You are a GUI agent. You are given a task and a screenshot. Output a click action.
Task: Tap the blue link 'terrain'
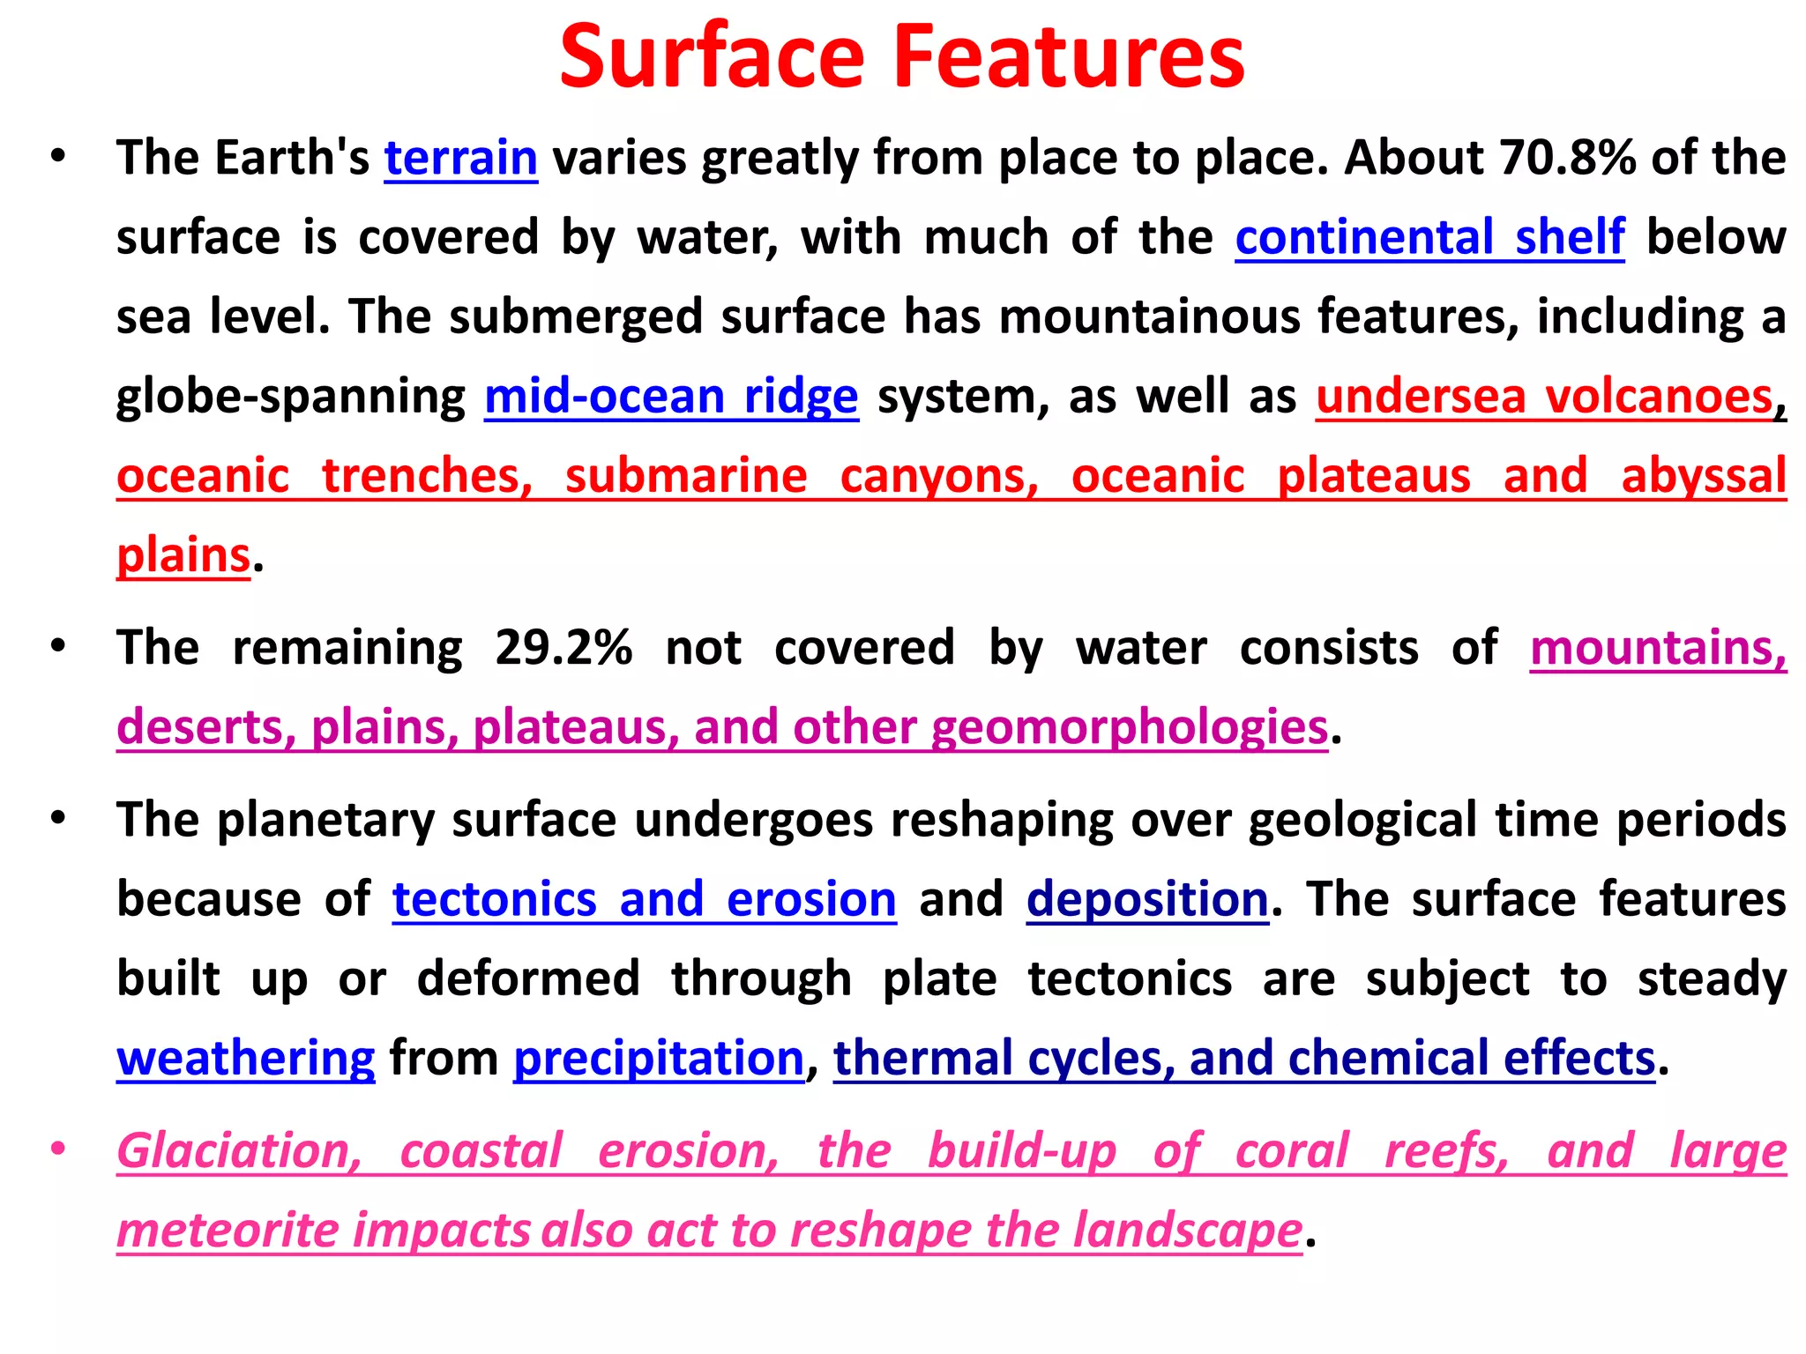point(460,159)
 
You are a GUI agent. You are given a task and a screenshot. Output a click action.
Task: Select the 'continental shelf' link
point(1429,237)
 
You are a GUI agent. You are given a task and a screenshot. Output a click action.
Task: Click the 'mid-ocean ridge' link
point(671,397)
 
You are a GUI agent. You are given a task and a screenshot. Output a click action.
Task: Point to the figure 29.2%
point(563,648)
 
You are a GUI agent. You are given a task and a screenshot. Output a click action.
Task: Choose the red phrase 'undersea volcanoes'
point(1544,397)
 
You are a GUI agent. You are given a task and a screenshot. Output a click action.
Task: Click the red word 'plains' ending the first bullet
point(183,556)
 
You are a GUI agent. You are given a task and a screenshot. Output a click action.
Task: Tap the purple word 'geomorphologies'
point(1130,728)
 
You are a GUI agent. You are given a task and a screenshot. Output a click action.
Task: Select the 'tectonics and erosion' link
point(644,900)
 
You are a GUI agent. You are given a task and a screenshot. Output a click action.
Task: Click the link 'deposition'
point(1147,900)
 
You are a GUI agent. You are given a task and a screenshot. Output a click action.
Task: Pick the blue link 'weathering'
point(246,1059)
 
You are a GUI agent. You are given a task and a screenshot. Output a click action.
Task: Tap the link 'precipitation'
point(659,1059)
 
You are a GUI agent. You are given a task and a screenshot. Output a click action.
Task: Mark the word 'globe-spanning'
point(291,397)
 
